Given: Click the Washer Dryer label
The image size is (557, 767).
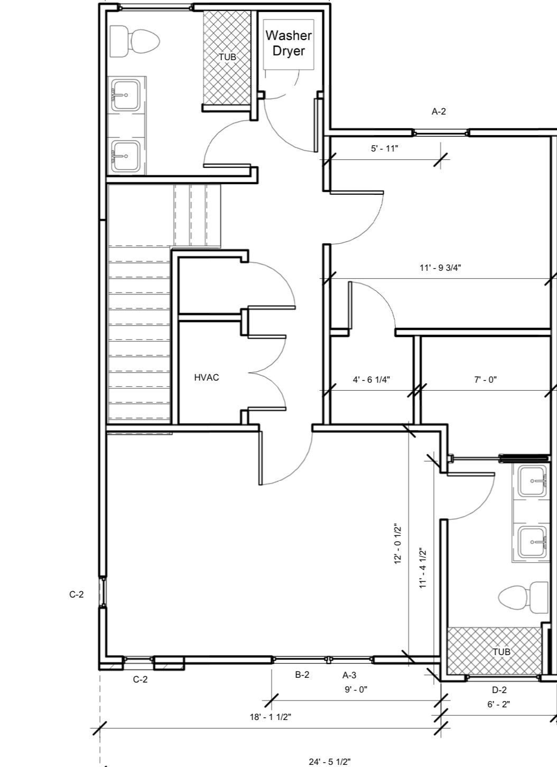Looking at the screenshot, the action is click(289, 43).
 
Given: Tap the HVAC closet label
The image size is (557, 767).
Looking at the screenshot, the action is click(206, 377).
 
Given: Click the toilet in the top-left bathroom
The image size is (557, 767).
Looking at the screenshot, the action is click(135, 42).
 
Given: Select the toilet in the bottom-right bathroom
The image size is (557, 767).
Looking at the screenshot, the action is click(524, 598).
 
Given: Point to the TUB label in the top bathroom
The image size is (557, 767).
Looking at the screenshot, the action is click(228, 57).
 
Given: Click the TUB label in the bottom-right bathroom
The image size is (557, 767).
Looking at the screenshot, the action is click(502, 651).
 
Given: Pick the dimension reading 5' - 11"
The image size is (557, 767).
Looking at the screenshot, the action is click(385, 149).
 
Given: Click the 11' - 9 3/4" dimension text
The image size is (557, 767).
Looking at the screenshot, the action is click(440, 268).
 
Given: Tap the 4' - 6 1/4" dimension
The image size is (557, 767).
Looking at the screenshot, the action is click(371, 380).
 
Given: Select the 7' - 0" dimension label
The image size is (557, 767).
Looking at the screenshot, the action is click(485, 380).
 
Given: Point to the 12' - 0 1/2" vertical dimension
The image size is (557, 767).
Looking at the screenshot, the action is click(398, 549).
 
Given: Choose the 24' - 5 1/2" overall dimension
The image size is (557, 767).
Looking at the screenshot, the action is click(330, 762).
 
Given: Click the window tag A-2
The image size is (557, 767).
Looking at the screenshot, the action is click(439, 111).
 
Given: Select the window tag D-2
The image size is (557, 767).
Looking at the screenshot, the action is click(499, 690).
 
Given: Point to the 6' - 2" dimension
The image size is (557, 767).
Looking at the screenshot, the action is click(499, 704).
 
